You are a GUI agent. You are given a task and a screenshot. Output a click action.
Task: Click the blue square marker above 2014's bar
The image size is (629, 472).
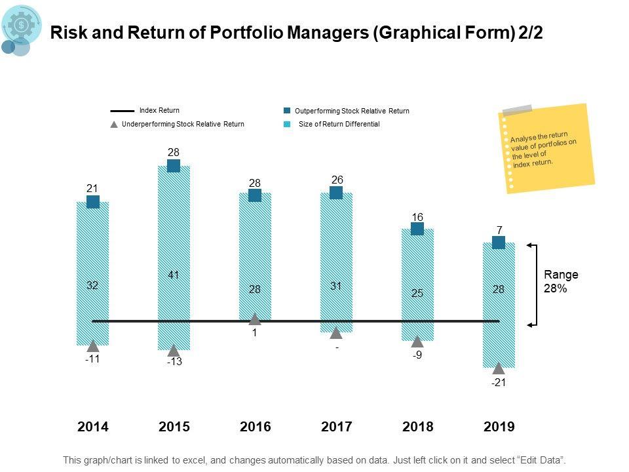93,202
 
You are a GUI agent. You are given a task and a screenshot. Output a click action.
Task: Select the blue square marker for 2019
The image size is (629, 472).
499,243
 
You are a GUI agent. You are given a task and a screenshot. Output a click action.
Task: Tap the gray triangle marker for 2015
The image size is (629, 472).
174,350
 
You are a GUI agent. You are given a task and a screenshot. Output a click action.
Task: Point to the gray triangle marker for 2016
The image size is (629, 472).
255,319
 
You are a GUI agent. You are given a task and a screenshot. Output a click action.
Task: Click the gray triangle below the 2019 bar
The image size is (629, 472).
499,368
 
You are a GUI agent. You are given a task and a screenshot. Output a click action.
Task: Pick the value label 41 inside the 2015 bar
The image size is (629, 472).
174,275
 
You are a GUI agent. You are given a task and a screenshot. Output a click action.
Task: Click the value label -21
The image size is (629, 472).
499,383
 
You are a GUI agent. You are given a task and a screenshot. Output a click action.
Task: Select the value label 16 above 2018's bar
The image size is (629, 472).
417,217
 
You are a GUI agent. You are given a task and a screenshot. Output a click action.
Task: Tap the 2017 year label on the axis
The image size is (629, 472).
337,427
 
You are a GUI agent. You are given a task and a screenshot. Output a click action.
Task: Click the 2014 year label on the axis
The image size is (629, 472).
93,427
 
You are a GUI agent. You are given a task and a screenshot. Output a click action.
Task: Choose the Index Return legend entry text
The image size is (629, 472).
159,111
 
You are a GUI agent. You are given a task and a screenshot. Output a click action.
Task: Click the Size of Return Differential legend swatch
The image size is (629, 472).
287,124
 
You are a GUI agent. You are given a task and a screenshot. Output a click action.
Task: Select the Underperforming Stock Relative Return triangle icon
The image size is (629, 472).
114,124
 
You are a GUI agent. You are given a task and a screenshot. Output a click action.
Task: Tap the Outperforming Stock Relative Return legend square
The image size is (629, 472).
287,111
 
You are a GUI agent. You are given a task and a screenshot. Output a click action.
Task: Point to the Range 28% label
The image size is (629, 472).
561,281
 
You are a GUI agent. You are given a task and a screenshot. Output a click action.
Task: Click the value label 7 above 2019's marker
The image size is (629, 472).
499,230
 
